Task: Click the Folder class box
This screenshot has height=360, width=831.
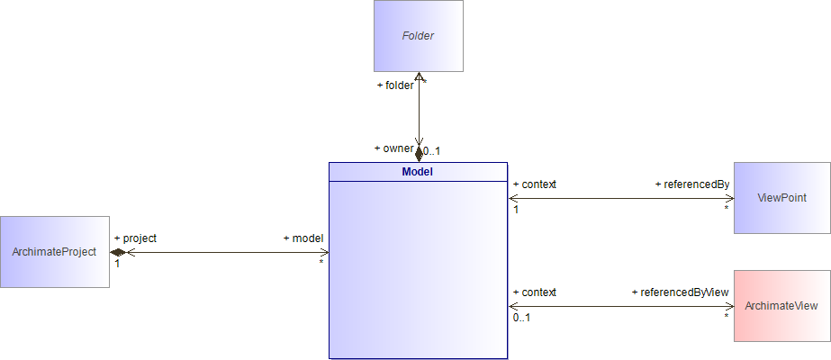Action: coord(419,36)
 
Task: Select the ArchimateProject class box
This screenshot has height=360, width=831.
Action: coord(55,252)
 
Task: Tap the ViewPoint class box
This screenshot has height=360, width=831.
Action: coord(781,198)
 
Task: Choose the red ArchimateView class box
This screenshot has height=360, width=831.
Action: coord(781,306)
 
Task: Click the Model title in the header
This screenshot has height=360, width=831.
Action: coord(419,171)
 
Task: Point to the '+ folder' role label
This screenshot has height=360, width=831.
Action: coord(395,85)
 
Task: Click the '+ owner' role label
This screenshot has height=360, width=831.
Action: coord(393,148)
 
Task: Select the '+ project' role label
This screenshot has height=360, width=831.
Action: coord(135,238)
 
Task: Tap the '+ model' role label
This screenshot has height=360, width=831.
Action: coord(303,238)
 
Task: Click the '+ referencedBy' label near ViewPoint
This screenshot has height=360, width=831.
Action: coord(691,184)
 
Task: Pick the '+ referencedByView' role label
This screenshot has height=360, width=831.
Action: coord(680,292)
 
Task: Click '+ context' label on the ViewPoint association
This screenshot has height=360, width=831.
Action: coord(534,184)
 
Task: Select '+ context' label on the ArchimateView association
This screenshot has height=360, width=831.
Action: coord(534,292)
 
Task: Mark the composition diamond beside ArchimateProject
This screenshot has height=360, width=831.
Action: coord(117,252)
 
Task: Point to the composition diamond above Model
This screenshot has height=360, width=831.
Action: coord(419,154)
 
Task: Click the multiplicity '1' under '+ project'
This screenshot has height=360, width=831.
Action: coord(117,264)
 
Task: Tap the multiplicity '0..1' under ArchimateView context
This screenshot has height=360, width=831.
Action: coord(521,318)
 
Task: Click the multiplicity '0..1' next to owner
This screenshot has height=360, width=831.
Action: coord(432,151)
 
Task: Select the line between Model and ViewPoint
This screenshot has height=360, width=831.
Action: coord(621,198)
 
